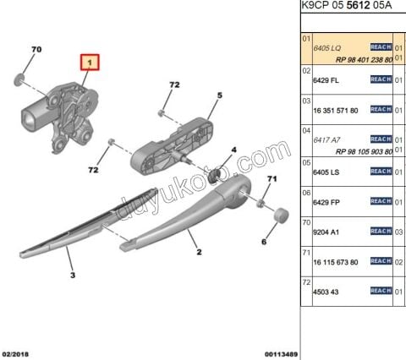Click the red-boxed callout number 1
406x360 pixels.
90,63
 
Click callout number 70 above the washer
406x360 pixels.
36,49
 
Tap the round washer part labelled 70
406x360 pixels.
19,79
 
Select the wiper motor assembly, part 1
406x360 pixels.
60,117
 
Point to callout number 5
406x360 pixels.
220,95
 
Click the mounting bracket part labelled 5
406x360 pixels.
172,146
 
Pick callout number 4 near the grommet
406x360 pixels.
233,150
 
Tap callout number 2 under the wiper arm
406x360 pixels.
199,252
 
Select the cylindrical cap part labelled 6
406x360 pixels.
282,215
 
